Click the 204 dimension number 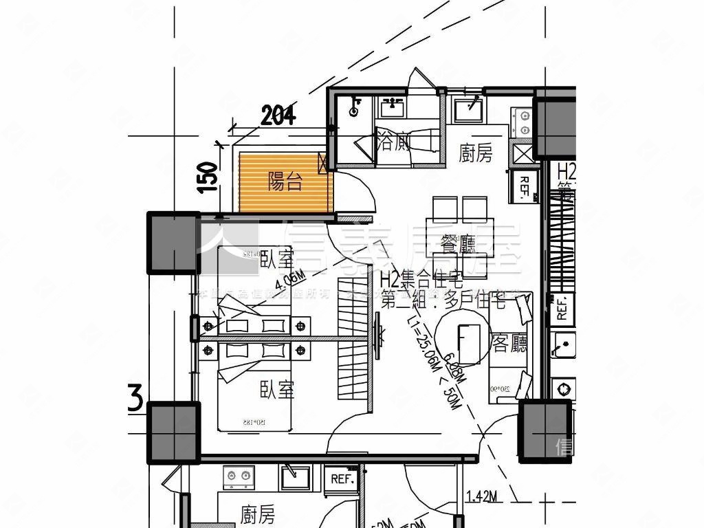click(x=278, y=116)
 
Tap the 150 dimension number click(x=208, y=177)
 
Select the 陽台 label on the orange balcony click(x=285, y=182)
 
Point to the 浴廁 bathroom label click(x=395, y=143)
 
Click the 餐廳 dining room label click(x=459, y=243)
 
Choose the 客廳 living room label click(x=510, y=344)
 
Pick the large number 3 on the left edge click(x=135, y=400)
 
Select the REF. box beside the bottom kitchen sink click(x=342, y=478)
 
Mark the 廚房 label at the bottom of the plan click(x=258, y=514)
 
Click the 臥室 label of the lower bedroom click(x=277, y=390)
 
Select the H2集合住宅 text click(x=421, y=280)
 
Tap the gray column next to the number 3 click(x=174, y=431)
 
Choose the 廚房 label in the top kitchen click(x=476, y=153)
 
